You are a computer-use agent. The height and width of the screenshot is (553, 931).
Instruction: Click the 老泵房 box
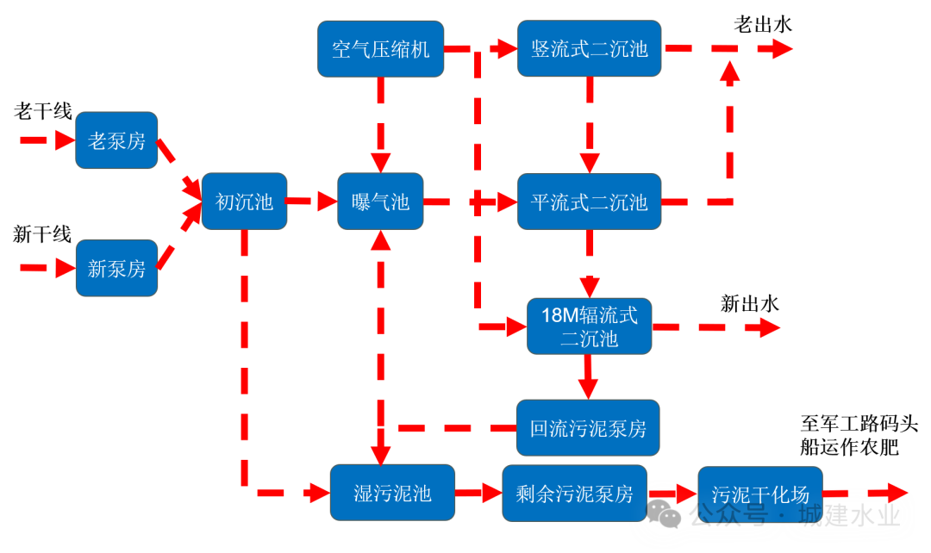[116, 140]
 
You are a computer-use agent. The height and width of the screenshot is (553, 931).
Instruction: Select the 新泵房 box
[116, 268]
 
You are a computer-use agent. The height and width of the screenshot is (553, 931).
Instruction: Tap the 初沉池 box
[244, 202]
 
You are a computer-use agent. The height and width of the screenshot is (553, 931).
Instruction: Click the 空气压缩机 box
[380, 49]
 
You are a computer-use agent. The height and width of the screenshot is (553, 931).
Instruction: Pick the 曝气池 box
[380, 202]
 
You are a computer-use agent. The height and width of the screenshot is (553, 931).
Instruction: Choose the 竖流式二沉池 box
[589, 49]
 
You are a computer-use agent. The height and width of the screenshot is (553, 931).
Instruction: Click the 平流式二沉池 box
[589, 202]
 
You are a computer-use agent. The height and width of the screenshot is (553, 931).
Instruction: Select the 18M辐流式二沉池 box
[589, 326]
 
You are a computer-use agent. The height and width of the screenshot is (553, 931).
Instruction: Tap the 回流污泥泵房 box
[588, 427]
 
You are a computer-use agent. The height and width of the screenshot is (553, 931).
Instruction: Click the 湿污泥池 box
[392, 493]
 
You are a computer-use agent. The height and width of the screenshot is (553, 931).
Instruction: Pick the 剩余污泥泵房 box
[574, 493]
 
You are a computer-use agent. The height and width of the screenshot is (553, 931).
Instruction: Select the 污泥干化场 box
[759, 494]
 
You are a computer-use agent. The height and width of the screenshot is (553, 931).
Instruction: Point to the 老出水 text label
[762, 24]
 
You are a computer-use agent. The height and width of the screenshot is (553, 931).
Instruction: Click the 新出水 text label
[749, 303]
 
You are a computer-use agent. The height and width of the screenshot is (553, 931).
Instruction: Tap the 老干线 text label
[43, 110]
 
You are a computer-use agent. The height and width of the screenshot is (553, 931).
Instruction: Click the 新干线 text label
[42, 234]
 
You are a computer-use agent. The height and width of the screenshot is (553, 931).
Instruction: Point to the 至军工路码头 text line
[859, 424]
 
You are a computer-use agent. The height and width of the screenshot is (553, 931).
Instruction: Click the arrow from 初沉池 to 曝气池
[311, 202]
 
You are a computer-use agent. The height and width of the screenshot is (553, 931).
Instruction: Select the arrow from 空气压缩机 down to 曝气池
[380, 124]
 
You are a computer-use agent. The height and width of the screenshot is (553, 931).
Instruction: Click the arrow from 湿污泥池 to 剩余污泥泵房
[478, 493]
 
